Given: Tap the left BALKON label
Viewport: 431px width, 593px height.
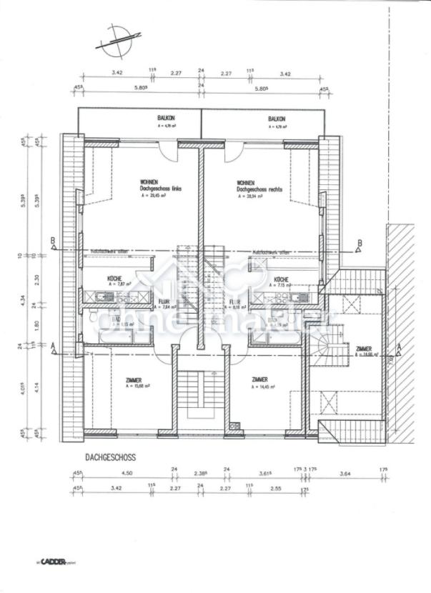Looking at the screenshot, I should point(166,119).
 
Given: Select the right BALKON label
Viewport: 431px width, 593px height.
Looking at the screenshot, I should point(277,119).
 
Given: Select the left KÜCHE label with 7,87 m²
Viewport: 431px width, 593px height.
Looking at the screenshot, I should point(114,279).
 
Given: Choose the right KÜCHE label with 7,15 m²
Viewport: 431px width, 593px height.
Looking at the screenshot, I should point(280,279).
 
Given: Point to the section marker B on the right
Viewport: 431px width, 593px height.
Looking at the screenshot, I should point(360,243).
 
